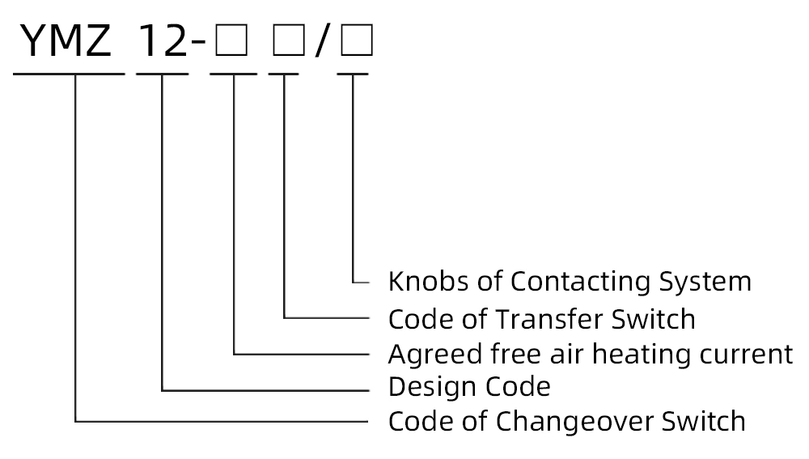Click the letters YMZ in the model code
pos(67,41)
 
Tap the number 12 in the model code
pos(163,41)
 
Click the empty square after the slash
pos(356,42)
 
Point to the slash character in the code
pos(322,42)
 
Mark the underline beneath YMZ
pos(69,74)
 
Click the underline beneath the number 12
pos(163,74)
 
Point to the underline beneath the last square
pos(353,74)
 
